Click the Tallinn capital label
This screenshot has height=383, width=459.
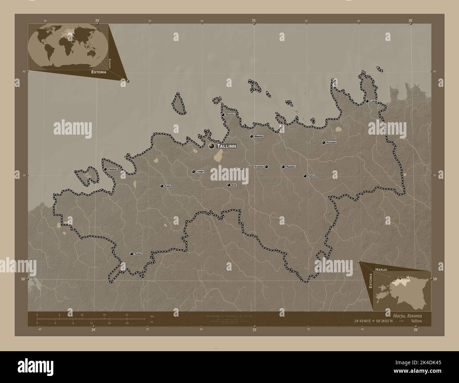click(x=226, y=146)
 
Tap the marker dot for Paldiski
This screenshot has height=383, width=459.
click(x=105, y=169)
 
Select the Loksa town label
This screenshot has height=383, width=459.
click(x=374, y=101)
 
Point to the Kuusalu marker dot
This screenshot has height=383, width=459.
click(x=323, y=143)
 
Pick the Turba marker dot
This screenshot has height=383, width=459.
click(x=131, y=254)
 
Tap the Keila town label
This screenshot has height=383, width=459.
click(x=168, y=186)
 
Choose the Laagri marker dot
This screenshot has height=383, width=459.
click(x=193, y=172)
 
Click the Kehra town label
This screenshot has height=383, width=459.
click(x=311, y=176)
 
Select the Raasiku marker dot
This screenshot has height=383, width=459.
click(x=283, y=167)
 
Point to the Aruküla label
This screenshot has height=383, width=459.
click(x=259, y=166)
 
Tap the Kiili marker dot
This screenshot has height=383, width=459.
click(x=229, y=185)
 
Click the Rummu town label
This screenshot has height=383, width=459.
click(x=230, y=115)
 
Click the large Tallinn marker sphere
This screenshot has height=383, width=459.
click(x=212, y=146)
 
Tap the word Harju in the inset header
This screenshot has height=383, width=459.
click(x=382, y=270)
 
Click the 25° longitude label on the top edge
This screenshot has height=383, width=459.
click(x=254, y=20)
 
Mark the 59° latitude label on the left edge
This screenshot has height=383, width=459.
click(x=23, y=279)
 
